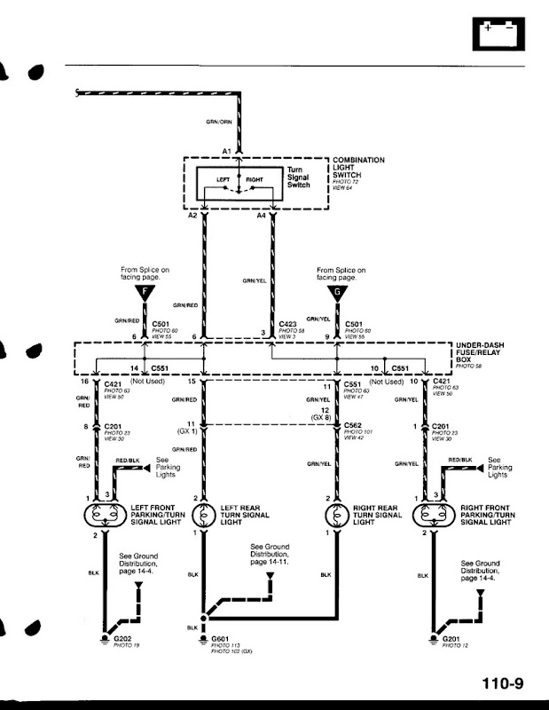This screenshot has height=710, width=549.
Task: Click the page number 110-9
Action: click(503, 683)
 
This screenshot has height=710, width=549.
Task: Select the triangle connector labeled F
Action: click(140, 294)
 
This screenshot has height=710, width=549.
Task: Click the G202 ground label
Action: click(122, 639)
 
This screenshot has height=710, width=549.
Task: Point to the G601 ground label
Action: click(220, 639)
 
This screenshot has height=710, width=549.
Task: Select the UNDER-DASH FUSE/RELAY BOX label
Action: click(482, 352)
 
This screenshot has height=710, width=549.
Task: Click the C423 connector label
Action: click(287, 325)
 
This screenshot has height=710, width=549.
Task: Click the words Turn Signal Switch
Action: click(298, 177)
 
